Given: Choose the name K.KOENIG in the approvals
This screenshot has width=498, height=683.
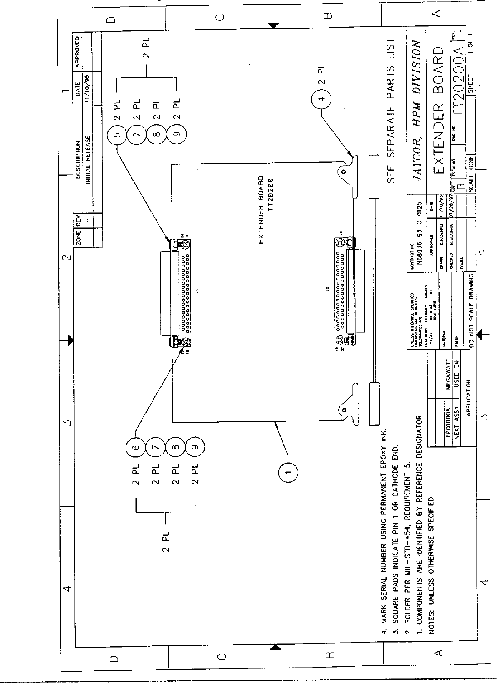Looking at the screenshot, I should [441, 236].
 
